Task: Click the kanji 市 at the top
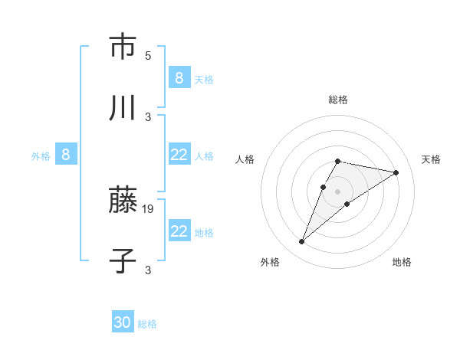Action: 123,47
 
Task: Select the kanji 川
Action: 123,109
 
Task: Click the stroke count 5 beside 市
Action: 148,55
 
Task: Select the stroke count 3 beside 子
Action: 148,270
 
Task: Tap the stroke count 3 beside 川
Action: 148,116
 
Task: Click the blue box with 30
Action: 123,322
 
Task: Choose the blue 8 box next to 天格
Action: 179,77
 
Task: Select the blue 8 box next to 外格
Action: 66,155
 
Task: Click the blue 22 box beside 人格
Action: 179,155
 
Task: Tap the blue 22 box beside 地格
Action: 179,231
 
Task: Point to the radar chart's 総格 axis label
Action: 338,100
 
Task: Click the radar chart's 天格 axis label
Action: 431,159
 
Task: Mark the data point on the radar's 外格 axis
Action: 302,242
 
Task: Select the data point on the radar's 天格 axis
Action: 396,172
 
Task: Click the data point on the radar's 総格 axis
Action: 338,161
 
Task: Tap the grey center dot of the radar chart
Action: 338,191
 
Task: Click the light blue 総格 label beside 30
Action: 147,324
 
